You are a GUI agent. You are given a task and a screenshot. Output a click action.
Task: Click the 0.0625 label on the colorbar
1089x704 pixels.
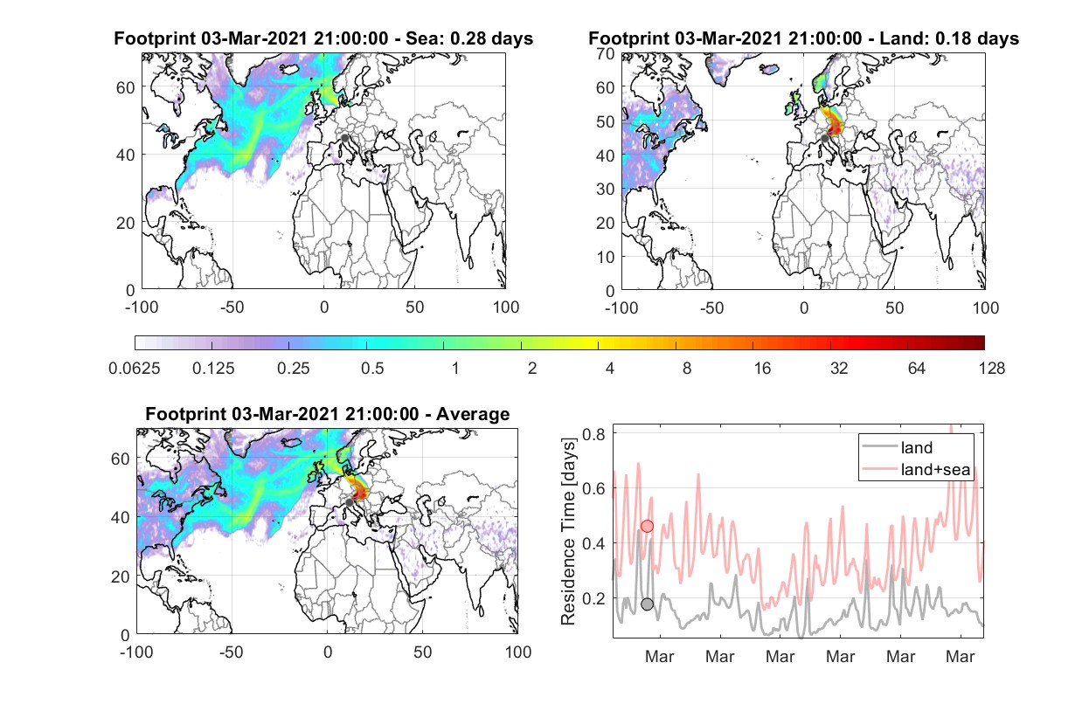135,369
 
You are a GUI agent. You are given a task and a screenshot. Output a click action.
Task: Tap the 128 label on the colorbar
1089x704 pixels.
991,369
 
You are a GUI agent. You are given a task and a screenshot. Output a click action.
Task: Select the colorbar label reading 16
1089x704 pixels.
762,369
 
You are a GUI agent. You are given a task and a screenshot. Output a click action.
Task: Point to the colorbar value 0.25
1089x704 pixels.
293,369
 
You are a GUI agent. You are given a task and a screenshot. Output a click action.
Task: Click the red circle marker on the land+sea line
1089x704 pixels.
647,526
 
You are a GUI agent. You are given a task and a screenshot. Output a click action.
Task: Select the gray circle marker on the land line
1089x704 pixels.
647,604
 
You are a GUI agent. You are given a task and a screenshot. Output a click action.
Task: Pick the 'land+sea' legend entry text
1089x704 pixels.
935,469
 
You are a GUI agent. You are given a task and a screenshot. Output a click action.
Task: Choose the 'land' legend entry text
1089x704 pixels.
917,447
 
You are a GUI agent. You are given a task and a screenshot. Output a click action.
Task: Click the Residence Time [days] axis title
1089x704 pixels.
568,532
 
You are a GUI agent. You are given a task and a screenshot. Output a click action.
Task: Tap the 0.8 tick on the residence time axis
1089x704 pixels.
593,433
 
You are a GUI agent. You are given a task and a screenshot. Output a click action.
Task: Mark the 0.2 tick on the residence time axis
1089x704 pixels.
593,598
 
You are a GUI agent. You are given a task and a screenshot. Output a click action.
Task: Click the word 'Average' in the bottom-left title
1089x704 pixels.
473,414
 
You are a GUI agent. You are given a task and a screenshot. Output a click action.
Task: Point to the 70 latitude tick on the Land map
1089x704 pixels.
606,53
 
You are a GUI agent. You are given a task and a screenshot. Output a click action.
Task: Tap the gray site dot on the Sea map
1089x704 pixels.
344,138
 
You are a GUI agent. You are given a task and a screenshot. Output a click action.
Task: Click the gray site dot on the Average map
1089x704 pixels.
350,502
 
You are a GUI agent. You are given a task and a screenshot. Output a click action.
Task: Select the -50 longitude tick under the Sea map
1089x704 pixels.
232,307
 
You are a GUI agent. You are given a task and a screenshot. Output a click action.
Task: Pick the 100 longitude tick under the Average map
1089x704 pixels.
517,652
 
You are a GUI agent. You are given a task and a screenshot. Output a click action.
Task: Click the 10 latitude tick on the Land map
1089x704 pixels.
606,257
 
